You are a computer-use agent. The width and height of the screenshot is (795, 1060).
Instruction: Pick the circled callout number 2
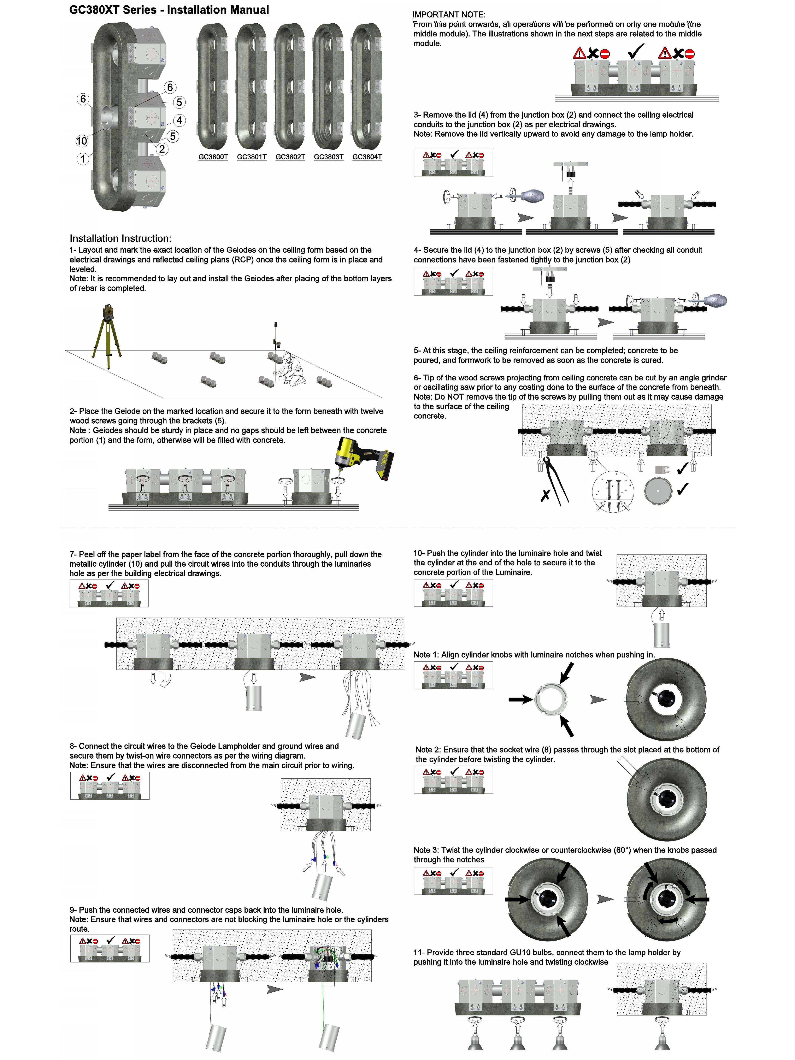(x=162, y=149)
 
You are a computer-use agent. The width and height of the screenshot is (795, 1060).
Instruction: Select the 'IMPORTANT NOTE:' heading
(x=449, y=15)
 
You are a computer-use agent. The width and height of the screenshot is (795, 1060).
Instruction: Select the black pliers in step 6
(x=556, y=482)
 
